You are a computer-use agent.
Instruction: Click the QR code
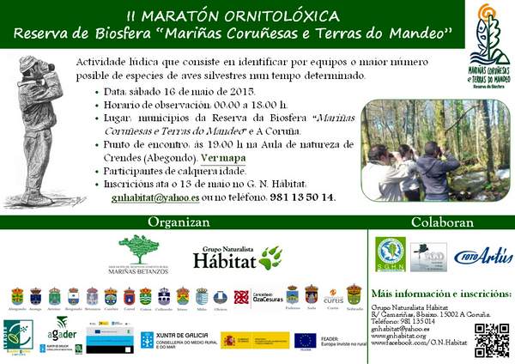[x=491, y=340]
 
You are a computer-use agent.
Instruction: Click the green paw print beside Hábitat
[x=270, y=257]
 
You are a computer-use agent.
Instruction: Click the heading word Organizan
[x=179, y=221]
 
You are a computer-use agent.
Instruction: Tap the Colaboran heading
[x=441, y=221]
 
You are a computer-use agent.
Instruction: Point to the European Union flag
[x=305, y=341]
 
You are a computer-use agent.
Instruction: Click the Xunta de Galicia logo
[x=176, y=340]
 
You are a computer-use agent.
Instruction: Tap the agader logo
[x=62, y=331]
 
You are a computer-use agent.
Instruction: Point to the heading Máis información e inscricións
[x=440, y=294]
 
